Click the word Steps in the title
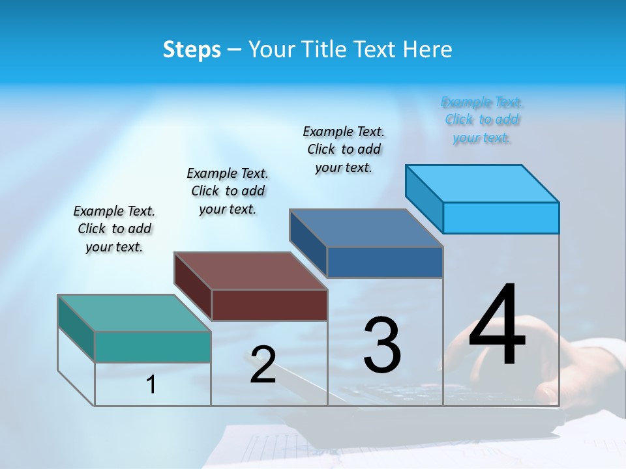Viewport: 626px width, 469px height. [x=192, y=50]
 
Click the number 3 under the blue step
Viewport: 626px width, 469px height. [x=382, y=345]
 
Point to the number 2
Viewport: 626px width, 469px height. [x=263, y=365]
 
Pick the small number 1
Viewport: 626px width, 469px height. [x=151, y=384]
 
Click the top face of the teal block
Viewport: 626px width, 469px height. [x=134, y=313]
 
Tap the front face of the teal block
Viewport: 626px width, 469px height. [x=153, y=346]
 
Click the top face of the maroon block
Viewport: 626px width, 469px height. [x=250, y=271]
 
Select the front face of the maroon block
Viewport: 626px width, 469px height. [x=269, y=305]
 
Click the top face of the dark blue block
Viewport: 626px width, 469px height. [x=366, y=228]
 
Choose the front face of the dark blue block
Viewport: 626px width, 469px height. [x=385, y=262]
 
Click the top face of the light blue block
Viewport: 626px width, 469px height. [x=482, y=183]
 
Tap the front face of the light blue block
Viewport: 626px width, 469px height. [x=501, y=218]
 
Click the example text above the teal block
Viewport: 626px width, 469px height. [x=114, y=229]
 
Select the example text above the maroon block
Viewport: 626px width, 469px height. [x=228, y=191]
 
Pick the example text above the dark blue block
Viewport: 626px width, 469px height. [x=344, y=149]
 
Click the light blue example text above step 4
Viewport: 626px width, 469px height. [x=482, y=120]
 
